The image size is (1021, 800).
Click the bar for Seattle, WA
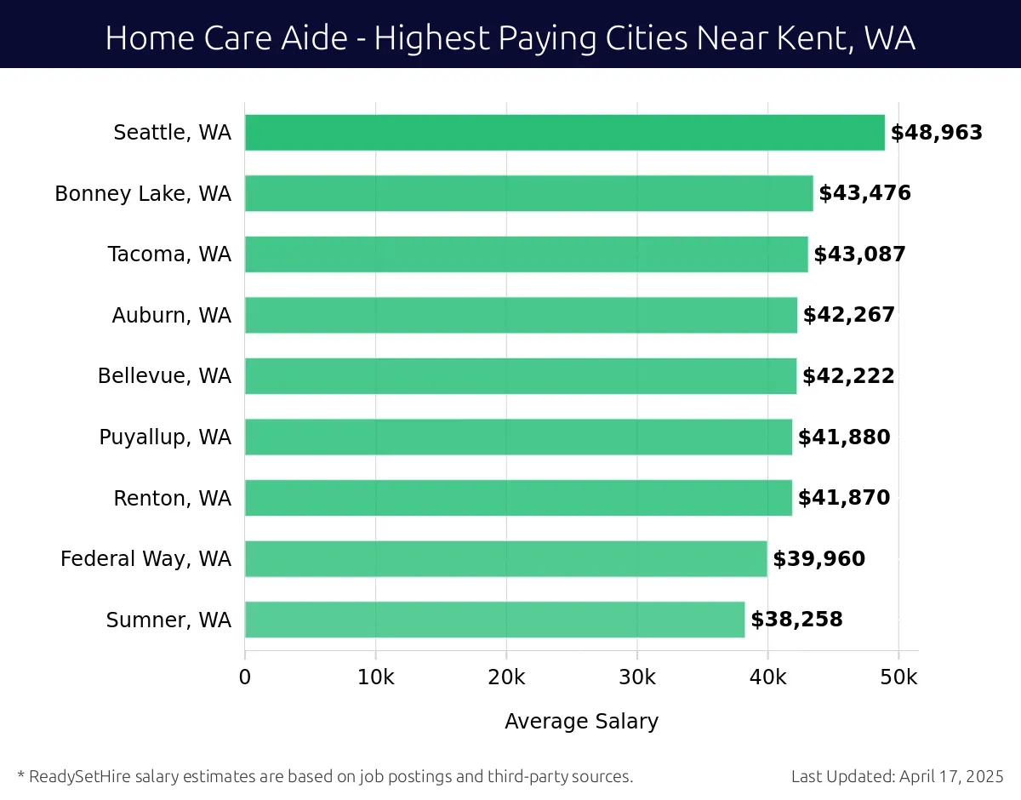pos(564,133)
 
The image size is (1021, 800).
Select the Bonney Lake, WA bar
pos(528,193)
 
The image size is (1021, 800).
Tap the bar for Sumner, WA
pos(494,620)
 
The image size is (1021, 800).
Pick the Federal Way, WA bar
pos(505,558)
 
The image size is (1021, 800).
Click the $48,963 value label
pos(936,133)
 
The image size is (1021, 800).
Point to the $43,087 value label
pos(859,254)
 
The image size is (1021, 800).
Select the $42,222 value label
pos(848,376)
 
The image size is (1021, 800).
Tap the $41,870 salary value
pos(844,498)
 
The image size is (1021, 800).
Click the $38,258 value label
pos(796,620)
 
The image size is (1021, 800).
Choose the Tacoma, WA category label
pos(169,254)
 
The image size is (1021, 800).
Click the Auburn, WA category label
pos(171,316)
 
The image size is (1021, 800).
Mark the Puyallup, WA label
pos(165,437)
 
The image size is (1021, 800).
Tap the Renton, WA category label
pos(172,499)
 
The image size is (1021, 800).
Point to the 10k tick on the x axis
pos(375,677)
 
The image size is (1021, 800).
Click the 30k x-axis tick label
pos(637,677)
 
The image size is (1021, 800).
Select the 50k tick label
pos(898,677)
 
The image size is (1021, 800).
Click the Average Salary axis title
pos(581,722)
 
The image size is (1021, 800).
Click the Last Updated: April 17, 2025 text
pos(897,776)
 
